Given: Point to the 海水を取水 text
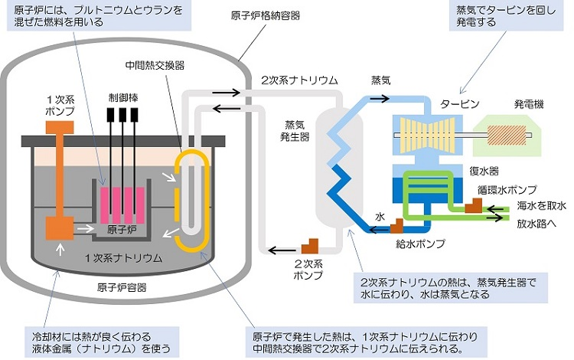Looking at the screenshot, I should click(x=540, y=205).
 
